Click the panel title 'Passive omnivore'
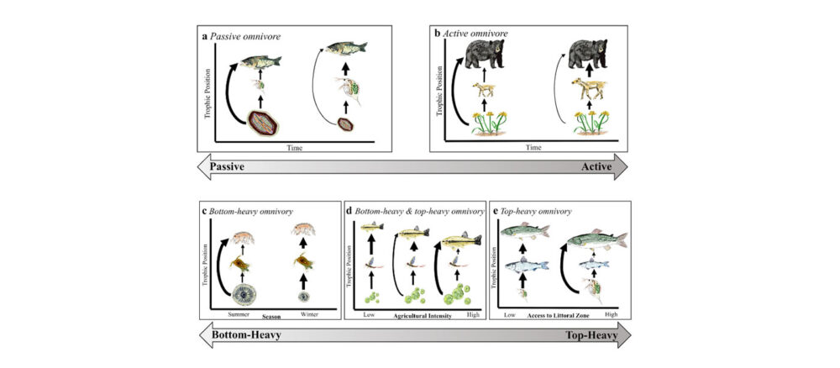(x=248, y=37)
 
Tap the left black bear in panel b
(x=484, y=56)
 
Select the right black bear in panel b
(x=588, y=55)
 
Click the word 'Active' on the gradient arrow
(x=598, y=167)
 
